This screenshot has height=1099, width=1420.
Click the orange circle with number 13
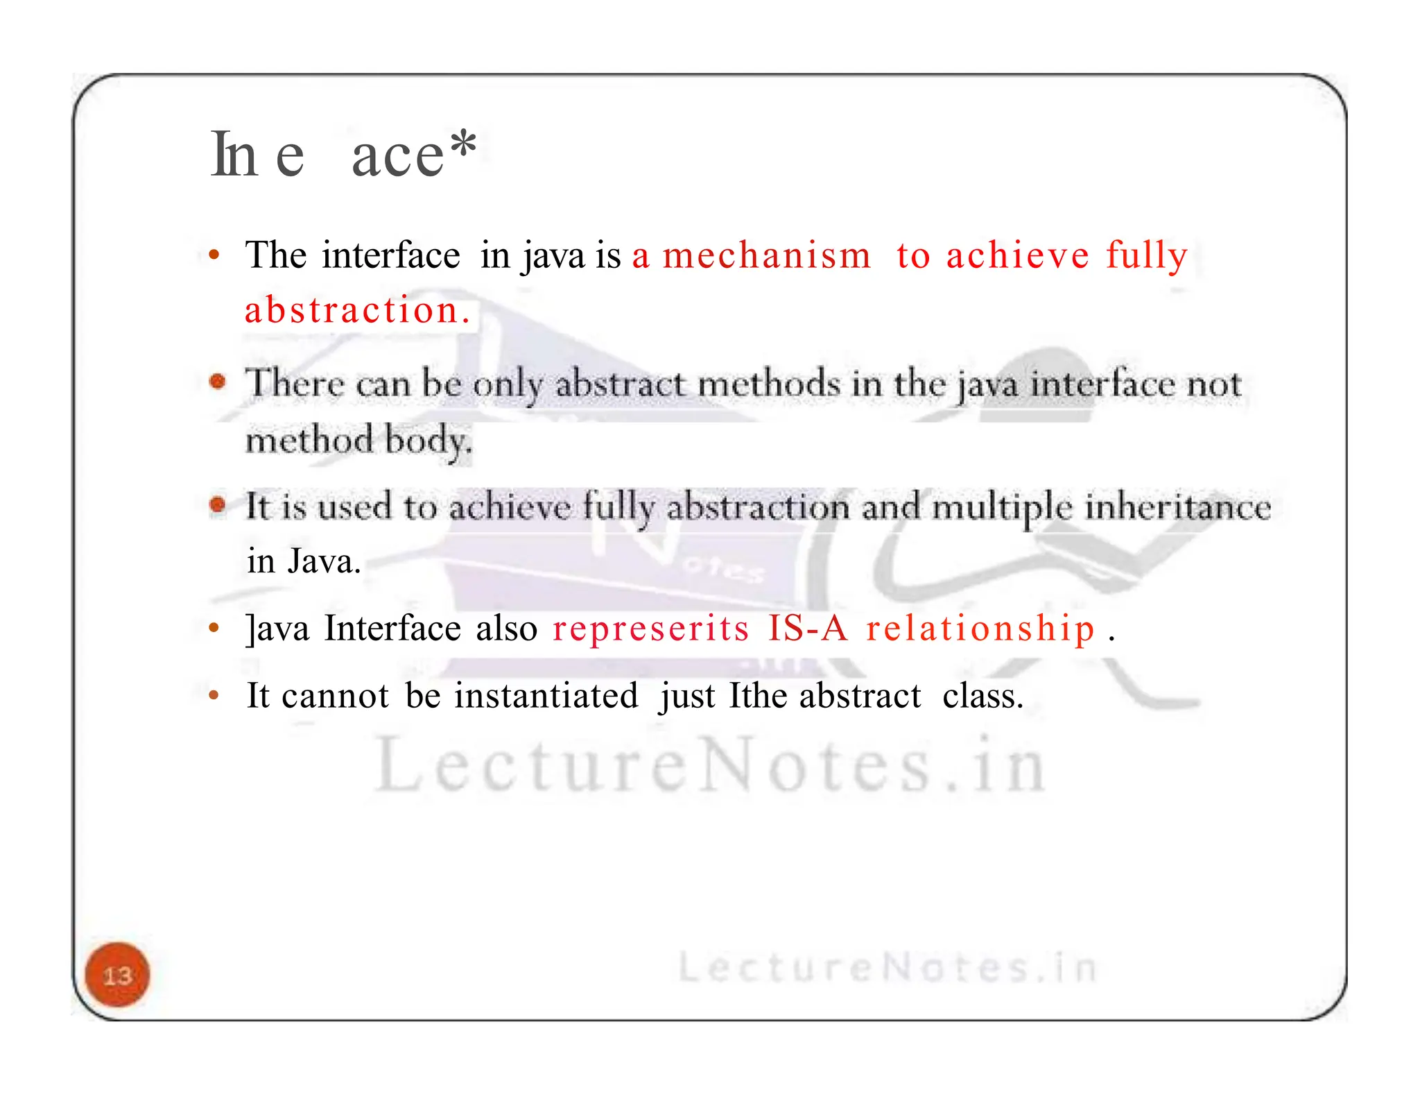tap(117, 975)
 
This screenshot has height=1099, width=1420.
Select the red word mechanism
tap(766, 255)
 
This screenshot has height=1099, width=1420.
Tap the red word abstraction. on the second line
tap(358, 310)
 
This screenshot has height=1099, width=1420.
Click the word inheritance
tap(1177, 506)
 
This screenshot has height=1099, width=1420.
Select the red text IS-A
tap(808, 629)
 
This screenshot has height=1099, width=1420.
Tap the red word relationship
tap(980, 629)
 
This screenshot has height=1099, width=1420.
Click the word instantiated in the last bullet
tap(546, 695)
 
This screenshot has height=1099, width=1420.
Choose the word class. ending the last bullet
tap(982, 695)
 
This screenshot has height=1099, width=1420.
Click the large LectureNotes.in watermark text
tap(710, 766)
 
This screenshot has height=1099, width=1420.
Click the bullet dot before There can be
tap(218, 382)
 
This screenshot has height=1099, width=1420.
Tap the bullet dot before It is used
tap(218, 504)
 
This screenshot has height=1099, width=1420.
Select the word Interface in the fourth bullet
tap(392, 629)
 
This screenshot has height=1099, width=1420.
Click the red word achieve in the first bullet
tap(1018, 255)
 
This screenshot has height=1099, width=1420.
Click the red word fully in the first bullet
tap(1147, 255)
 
